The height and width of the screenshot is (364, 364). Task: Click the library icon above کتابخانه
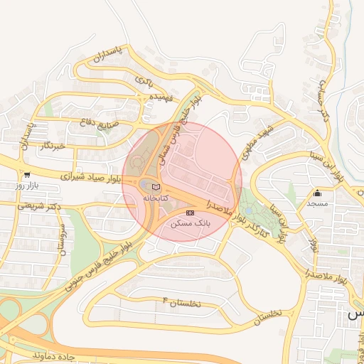click(x=156, y=186)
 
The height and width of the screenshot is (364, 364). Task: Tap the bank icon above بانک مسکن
click(x=190, y=213)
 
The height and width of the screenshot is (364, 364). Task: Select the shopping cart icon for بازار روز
click(x=27, y=174)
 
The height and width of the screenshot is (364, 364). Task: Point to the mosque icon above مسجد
click(x=317, y=193)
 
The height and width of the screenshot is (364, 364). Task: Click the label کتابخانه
click(x=156, y=197)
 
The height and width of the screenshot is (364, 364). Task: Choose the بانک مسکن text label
click(x=191, y=223)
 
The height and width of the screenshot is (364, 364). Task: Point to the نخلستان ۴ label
click(x=182, y=303)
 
